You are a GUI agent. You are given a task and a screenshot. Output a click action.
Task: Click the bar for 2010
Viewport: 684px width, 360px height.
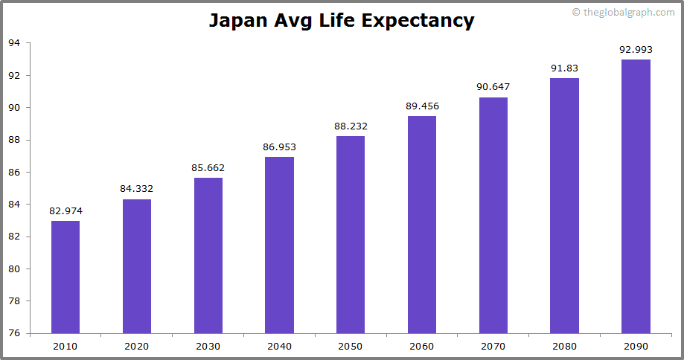click(x=65, y=277)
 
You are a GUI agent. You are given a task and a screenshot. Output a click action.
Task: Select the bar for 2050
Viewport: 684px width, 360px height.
click(x=351, y=234)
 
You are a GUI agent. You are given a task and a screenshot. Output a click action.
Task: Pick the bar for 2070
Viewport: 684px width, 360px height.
click(x=493, y=215)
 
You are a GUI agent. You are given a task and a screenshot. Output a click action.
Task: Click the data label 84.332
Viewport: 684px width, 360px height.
click(x=137, y=189)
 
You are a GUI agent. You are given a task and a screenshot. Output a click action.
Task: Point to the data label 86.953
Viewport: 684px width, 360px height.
click(x=279, y=147)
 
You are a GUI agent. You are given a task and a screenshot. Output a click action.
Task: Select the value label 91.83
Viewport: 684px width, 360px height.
click(x=564, y=68)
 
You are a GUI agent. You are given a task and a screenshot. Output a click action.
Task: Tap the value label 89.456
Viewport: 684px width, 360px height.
click(x=422, y=106)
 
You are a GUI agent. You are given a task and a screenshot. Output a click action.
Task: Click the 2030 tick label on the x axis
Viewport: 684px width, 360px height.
click(x=208, y=347)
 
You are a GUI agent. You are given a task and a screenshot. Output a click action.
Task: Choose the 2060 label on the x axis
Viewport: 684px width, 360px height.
click(x=422, y=347)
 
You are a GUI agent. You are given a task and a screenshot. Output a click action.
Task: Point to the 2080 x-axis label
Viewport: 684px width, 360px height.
click(x=564, y=347)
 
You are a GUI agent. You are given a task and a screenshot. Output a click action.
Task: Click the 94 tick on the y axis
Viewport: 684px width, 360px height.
click(x=14, y=43)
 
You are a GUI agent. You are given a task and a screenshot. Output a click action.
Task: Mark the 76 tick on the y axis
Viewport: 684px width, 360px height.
click(x=14, y=333)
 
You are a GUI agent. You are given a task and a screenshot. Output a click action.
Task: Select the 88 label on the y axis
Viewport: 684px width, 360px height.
click(x=14, y=140)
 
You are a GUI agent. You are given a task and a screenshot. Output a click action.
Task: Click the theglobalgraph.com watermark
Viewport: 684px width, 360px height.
click(x=624, y=12)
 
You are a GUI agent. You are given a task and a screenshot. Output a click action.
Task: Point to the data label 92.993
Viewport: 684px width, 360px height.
click(x=636, y=50)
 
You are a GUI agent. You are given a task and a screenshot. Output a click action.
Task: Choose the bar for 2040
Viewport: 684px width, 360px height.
click(x=279, y=245)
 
